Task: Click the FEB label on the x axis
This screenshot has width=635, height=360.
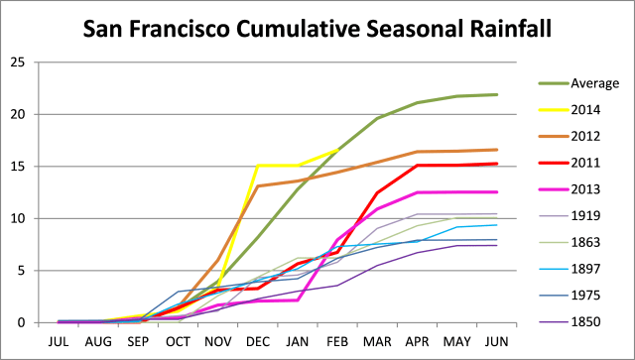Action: click(337, 339)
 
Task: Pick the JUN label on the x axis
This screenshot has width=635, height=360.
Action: click(496, 339)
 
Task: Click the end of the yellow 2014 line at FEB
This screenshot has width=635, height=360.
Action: click(338, 150)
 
